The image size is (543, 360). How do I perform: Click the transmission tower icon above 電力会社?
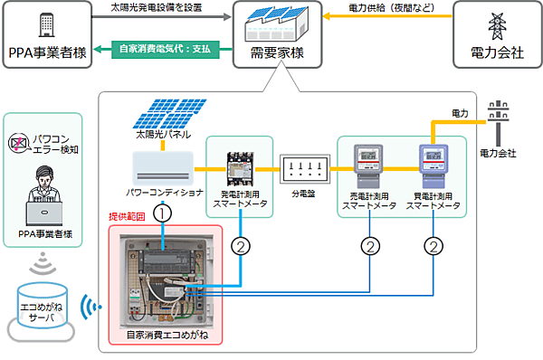498,24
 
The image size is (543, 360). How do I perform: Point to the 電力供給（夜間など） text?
391,8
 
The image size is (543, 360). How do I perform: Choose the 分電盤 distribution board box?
305,167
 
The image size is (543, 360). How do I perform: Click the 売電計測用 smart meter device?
368,163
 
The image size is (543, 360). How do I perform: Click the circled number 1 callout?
162,215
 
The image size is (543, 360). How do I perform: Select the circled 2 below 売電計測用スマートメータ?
369,245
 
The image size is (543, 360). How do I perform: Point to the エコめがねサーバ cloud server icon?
43,308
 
